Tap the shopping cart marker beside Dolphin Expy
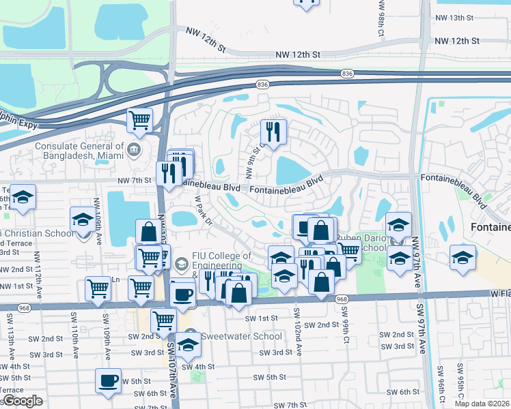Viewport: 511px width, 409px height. click(139, 120)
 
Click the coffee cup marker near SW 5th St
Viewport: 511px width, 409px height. click(108, 380)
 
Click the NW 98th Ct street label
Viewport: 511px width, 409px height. click(381, 16)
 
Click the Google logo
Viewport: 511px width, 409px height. click(22, 401)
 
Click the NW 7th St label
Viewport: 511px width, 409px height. click(133, 180)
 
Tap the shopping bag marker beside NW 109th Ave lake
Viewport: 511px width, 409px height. click(148, 232)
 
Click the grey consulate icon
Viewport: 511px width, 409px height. click(135, 149)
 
